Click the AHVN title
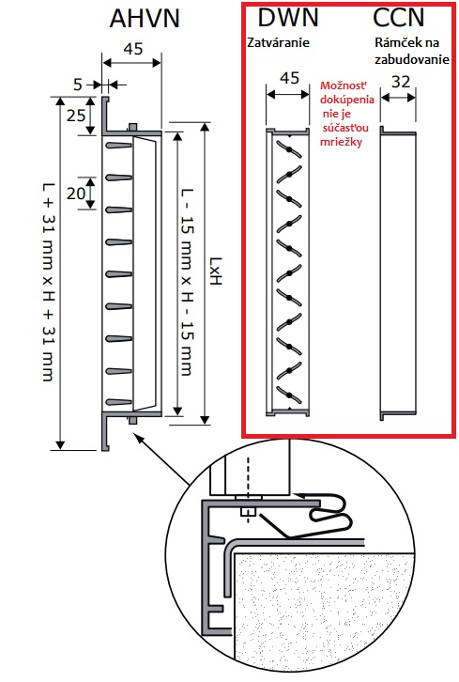coord(145,19)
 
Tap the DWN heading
coord(288,18)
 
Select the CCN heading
coord(399,18)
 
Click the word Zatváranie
coord(279,42)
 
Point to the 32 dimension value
coord(400,82)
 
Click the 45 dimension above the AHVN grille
coord(133,49)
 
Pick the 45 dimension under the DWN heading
coord(289,78)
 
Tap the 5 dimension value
coord(78,85)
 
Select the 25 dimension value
coord(76,116)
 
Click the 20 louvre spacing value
coord(76,194)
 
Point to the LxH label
coord(216,271)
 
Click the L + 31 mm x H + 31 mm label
coord(48,282)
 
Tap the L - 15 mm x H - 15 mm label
coord(187,282)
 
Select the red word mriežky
coord(342,142)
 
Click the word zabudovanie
coord(412,59)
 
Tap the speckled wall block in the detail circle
coord(324,613)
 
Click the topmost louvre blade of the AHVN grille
coord(118,146)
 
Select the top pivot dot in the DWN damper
coord(288,150)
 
